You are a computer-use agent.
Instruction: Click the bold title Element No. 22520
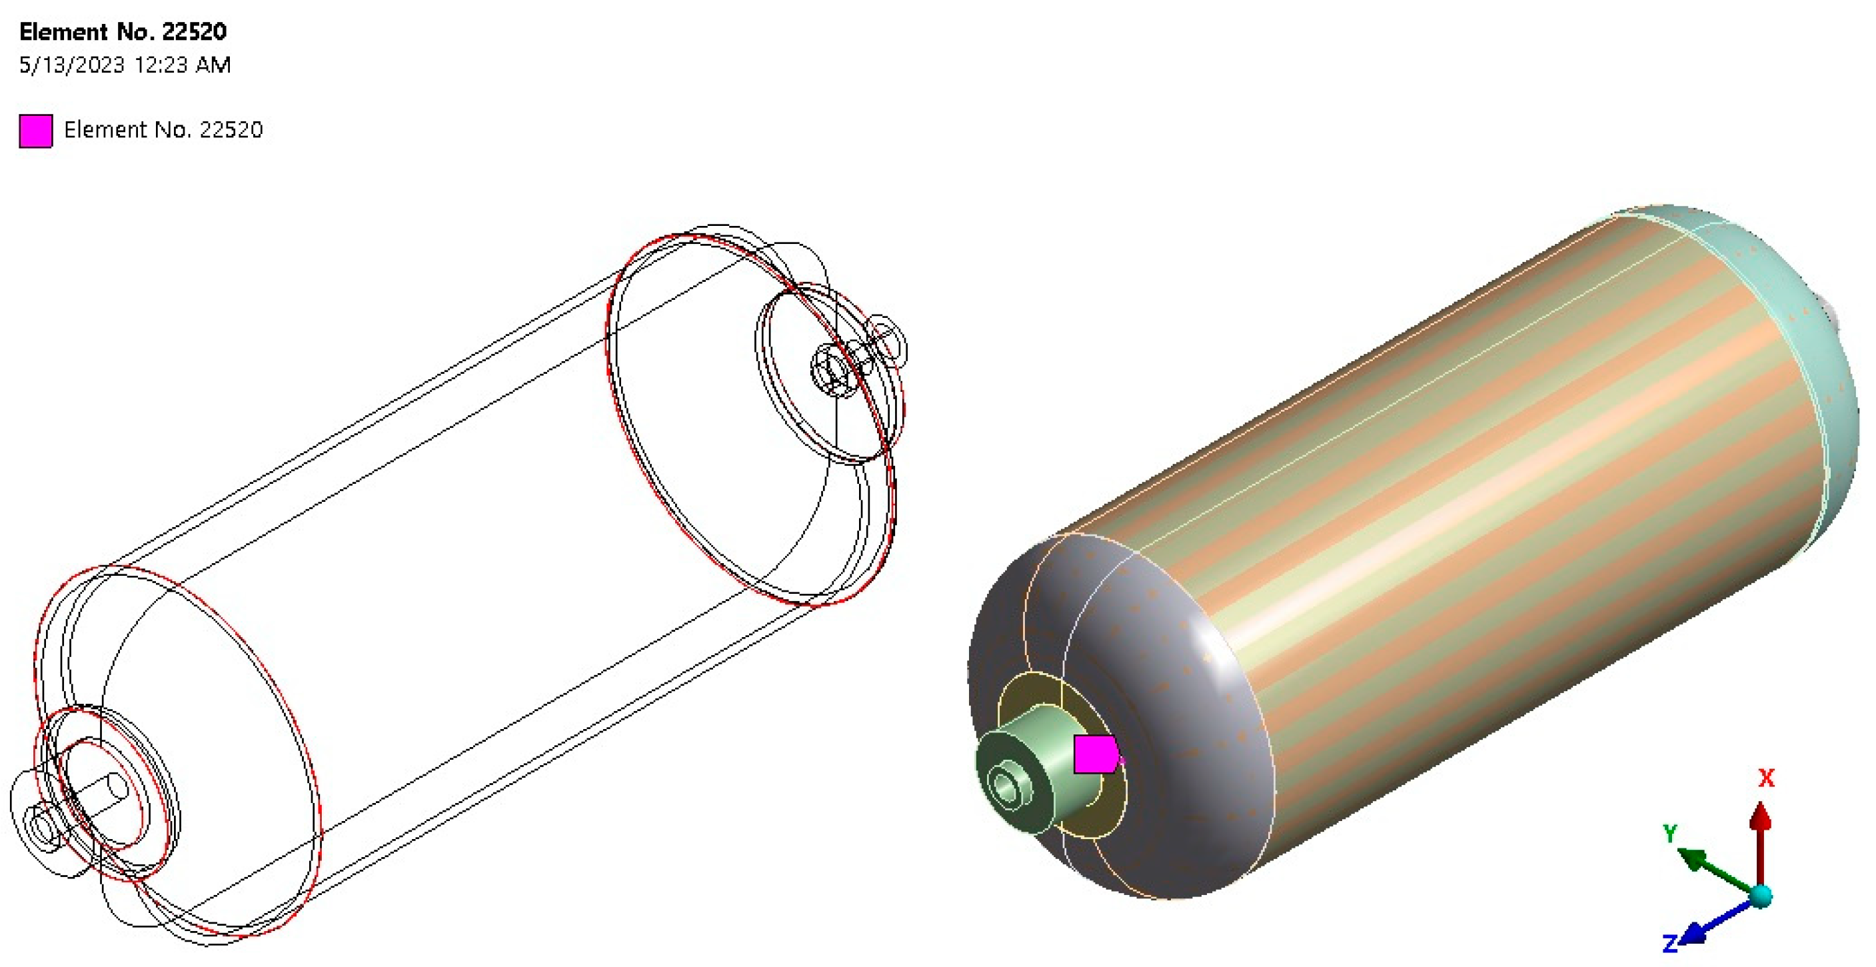123,31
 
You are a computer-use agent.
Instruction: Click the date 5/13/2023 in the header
72,65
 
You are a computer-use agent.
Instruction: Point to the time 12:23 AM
183,65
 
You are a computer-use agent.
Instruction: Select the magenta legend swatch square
36,131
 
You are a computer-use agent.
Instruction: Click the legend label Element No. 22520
163,129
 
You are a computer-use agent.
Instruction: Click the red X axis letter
1766,778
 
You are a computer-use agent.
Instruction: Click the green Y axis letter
1670,833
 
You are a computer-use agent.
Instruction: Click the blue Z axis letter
1670,944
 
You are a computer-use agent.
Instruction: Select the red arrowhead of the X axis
1761,816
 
